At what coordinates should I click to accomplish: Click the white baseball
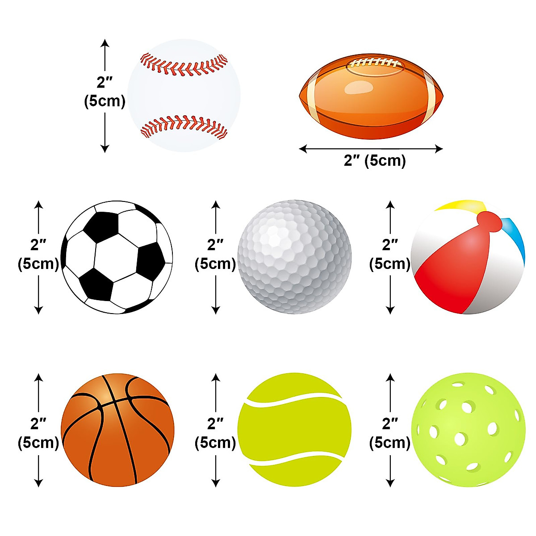[x=184, y=96]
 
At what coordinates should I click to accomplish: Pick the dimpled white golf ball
[x=294, y=257]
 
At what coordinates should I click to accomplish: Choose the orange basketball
[x=117, y=430]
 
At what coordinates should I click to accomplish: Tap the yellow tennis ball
[x=294, y=430]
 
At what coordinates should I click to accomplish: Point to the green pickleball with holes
[x=468, y=430]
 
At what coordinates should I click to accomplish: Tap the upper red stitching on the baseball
[x=184, y=65]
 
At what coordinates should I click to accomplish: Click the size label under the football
[x=374, y=160]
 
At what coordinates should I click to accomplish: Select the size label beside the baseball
[x=105, y=92]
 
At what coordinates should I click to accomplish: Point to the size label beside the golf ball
[x=215, y=255]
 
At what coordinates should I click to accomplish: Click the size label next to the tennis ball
[x=215, y=433]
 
